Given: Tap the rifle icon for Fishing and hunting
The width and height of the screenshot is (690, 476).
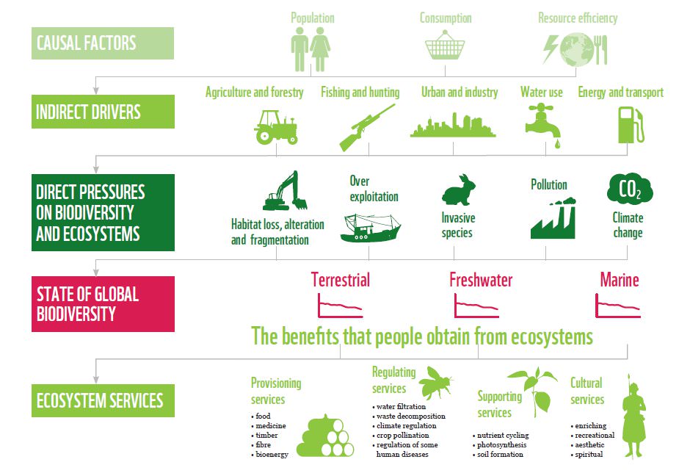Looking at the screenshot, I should [x=366, y=127].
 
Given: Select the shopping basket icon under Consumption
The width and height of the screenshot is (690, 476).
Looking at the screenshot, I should [x=445, y=48].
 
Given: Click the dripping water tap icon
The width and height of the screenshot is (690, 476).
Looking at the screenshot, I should [x=544, y=122].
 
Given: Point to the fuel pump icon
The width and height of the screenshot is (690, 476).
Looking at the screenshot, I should [x=630, y=124].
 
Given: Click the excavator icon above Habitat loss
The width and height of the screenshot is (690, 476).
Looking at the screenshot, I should [x=285, y=192].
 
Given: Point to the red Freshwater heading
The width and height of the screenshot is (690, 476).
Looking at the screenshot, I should [x=481, y=280].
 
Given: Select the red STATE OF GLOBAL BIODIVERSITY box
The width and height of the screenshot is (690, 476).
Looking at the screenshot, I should [x=102, y=303].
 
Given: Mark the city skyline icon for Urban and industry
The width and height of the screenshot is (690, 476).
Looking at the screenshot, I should [x=452, y=126].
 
